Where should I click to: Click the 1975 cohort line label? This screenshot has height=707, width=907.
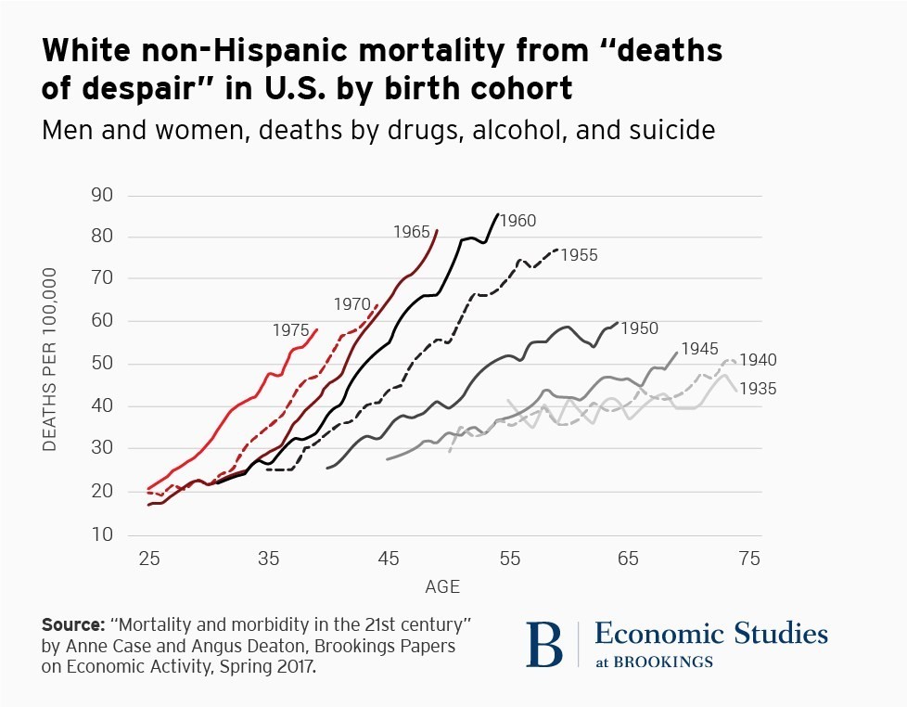point(290,330)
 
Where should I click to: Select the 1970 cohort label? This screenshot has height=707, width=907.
point(352,304)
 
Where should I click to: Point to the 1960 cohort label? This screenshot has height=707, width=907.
point(518,221)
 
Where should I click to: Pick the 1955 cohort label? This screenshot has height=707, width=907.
point(580,255)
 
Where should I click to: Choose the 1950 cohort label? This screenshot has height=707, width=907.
point(640,328)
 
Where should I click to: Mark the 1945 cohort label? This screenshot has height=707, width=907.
point(699,349)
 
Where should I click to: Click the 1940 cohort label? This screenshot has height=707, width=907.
point(758,360)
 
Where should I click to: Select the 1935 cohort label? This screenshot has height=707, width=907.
point(758,389)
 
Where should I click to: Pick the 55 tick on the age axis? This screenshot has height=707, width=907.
point(509,559)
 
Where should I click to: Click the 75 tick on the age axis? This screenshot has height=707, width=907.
point(749,559)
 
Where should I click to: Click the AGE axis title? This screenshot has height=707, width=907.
point(442,587)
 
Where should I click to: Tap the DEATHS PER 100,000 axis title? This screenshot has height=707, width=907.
point(50,360)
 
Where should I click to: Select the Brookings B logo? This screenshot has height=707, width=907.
point(544,644)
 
